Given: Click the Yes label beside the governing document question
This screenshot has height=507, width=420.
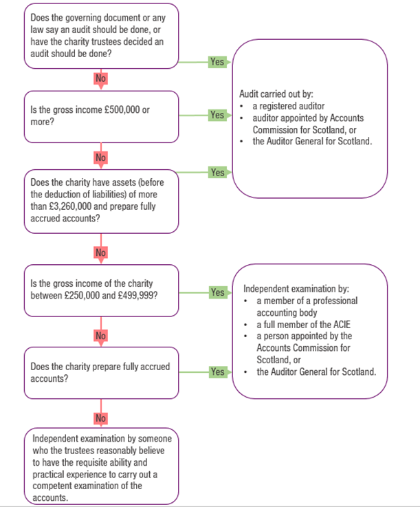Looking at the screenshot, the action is [217, 62].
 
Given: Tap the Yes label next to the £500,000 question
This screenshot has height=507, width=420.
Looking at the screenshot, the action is [217, 115].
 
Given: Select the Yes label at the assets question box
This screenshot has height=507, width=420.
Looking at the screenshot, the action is [217, 173].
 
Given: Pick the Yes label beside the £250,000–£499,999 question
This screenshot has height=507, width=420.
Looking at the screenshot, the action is [217, 292].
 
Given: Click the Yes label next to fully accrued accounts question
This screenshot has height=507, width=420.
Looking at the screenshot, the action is [217, 372].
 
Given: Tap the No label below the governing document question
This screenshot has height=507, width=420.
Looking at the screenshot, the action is [101, 78].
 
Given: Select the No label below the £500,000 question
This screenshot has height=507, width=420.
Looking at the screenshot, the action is [101, 158].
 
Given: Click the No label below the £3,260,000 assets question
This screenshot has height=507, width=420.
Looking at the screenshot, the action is [101, 252].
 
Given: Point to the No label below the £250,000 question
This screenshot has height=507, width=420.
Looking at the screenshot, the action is [101, 336].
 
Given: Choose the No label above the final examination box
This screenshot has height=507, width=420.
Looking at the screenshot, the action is [101, 418].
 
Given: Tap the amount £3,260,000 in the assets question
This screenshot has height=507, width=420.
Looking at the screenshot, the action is [66, 206].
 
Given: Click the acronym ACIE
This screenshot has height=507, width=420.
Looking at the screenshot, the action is [342, 324].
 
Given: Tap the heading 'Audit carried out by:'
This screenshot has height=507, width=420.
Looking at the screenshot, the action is [276, 94].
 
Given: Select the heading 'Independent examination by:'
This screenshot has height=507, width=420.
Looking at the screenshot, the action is [296, 289].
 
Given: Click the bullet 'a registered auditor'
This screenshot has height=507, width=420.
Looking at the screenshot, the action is [289, 106].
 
